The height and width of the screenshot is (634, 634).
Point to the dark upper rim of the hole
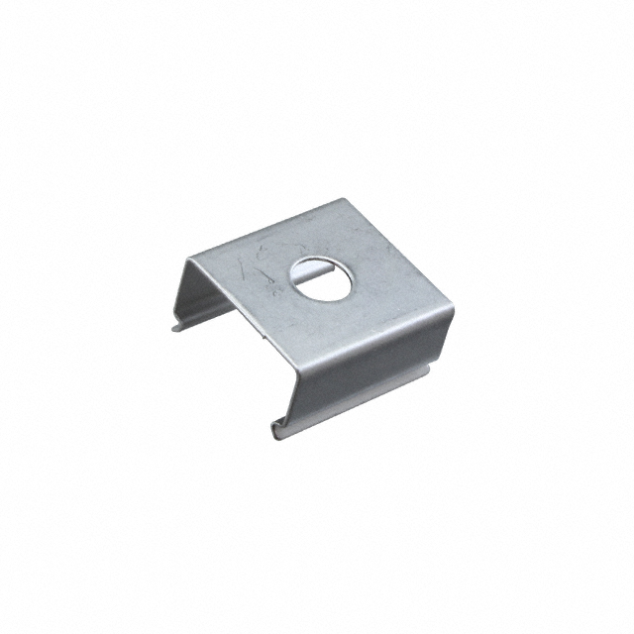tap(317, 264)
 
